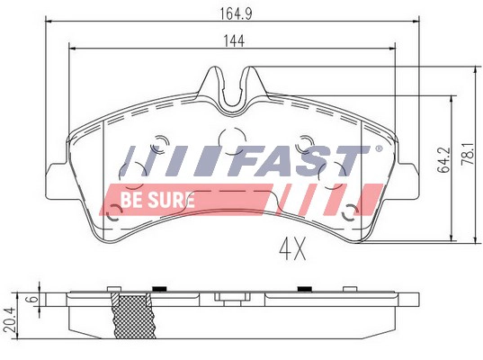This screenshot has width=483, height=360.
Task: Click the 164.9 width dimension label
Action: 236,13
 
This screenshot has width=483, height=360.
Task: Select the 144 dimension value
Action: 234,41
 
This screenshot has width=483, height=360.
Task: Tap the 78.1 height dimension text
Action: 469,154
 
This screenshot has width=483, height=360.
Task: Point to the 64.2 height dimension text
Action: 444,160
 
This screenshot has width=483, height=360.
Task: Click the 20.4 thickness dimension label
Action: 12,320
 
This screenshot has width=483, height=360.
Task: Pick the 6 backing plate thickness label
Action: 33,299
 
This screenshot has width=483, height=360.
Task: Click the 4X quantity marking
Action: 293,249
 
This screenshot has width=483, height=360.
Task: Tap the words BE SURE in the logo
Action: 157,200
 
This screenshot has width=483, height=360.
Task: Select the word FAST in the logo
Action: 299,160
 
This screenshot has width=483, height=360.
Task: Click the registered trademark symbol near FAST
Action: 379,148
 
